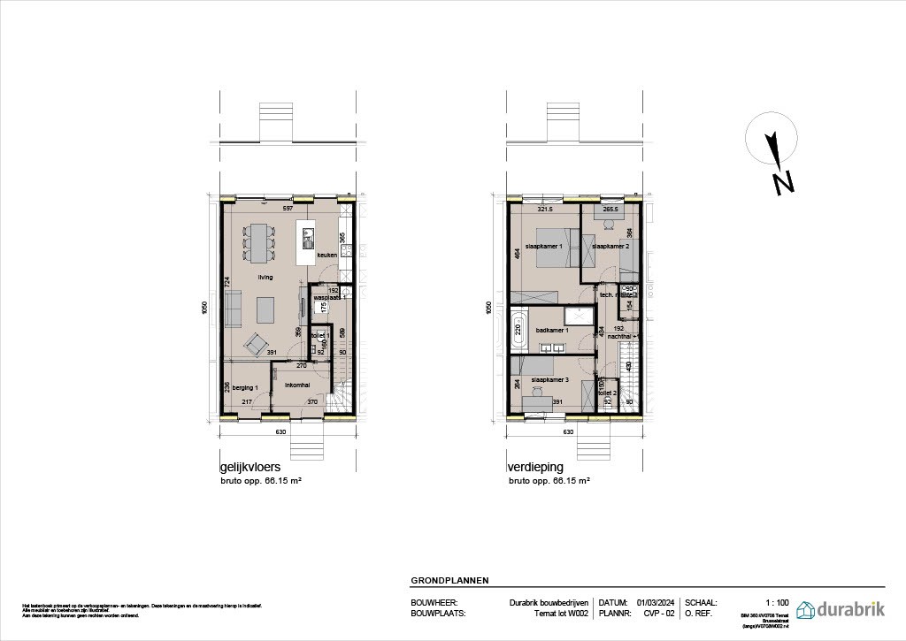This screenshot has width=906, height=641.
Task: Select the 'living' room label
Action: coord(265,277)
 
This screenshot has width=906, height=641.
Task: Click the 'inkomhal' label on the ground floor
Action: coord(296,385)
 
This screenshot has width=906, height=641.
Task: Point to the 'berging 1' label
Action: coord(244,388)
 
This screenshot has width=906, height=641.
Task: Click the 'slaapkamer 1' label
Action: coord(544,246)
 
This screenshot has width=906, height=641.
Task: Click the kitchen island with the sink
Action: coord(308,242)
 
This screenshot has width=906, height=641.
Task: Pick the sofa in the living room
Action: coord(234,310)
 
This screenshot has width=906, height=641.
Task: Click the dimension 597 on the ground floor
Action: coord(288,209)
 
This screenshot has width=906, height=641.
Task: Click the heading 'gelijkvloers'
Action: coord(250,467)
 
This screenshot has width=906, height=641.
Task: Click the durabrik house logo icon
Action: coord(807,609)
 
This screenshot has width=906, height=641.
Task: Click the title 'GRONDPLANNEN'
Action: coord(449,581)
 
